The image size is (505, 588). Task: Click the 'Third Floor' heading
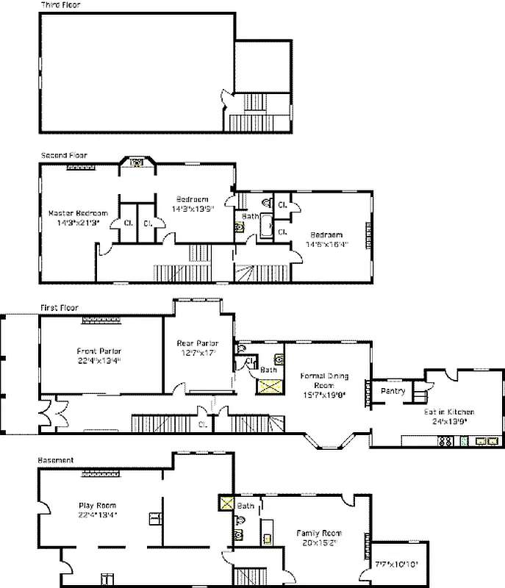61,5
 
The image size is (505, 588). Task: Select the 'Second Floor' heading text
64,156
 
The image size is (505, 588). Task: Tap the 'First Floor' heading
59,307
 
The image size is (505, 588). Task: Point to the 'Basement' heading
56,460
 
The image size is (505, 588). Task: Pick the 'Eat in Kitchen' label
449,412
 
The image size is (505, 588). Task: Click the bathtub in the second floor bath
264,226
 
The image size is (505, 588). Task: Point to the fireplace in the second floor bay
135,162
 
